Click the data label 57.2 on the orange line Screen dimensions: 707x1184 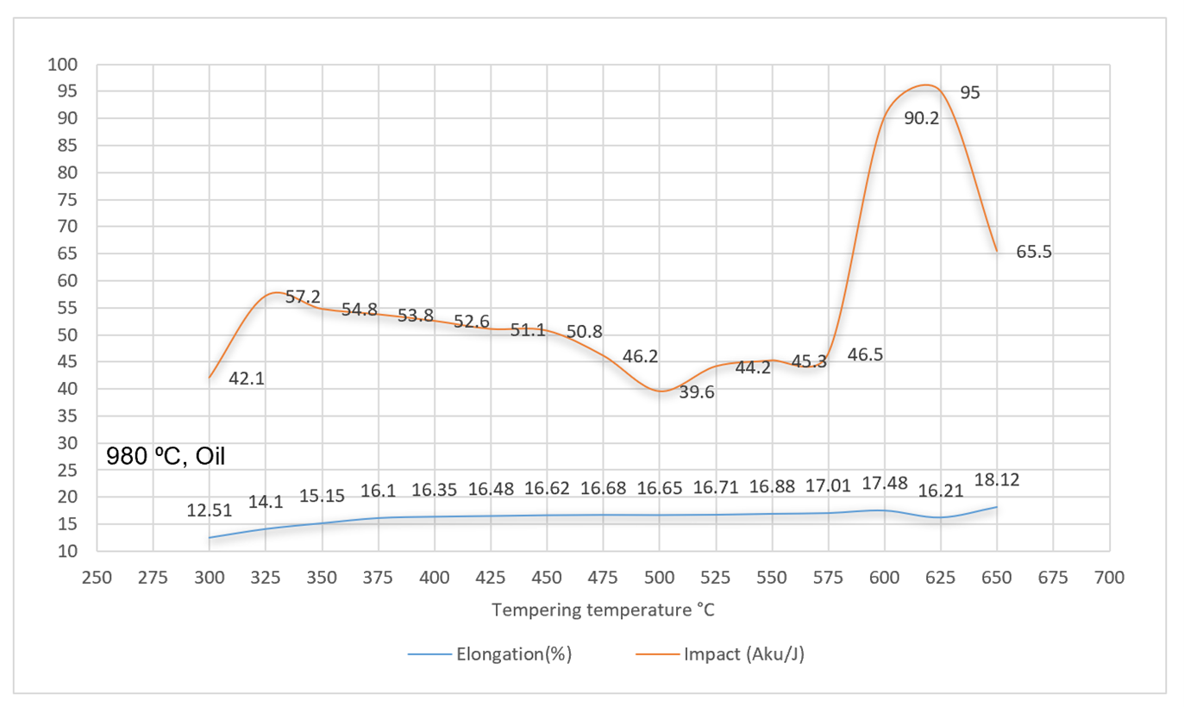(x=303, y=297)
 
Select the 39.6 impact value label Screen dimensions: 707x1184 (x=697, y=392)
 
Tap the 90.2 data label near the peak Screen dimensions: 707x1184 (x=922, y=119)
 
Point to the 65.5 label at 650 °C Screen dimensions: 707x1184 (x=1034, y=253)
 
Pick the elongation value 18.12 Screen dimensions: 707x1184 (x=997, y=480)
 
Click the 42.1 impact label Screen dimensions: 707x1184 (x=247, y=378)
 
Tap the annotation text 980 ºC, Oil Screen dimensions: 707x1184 (x=166, y=456)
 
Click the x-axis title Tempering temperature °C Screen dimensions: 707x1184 (x=603, y=610)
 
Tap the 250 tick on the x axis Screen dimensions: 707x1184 (x=97, y=578)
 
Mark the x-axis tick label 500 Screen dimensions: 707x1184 (x=659, y=578)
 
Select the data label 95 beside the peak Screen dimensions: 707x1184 (x=970, y=92)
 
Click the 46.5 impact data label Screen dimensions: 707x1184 (x=865, y=354)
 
